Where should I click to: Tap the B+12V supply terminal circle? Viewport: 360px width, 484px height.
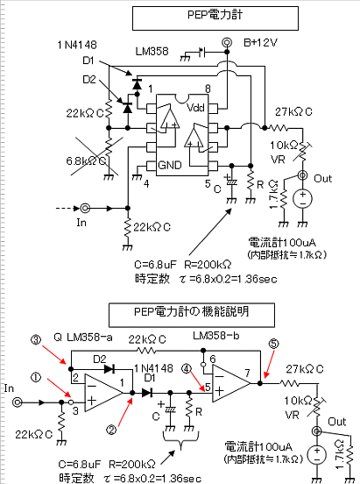point(227,42)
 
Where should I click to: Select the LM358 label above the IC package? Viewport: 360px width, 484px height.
point(152,51)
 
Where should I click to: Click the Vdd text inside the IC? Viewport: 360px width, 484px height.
point(195,108)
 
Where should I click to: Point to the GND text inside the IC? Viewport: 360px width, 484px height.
point(170,165)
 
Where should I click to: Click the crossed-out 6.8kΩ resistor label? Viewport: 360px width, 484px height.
point(86,160)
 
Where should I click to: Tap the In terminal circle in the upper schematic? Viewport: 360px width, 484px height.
point(85,209)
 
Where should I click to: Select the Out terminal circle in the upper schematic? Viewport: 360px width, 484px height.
point(302,175)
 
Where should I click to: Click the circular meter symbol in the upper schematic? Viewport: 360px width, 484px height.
point(302,198)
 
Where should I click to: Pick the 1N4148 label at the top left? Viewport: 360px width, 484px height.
point(77,45)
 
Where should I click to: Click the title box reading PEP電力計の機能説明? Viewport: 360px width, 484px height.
point(192,315)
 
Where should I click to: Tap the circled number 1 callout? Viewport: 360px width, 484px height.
point(36,377)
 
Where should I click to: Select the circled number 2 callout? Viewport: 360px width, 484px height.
point(111,429)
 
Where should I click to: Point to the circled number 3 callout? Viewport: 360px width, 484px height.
point(36,340)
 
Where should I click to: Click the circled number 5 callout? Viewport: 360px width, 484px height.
point(274,344)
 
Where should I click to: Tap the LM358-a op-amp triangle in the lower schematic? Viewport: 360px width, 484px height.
point(103,393)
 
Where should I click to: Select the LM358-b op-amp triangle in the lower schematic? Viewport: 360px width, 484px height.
point(231,383)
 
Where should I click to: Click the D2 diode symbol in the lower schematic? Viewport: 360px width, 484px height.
point(109,369)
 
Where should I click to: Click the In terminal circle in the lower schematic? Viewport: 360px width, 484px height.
point(18,402)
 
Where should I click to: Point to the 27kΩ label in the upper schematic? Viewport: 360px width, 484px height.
point(293,111)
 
